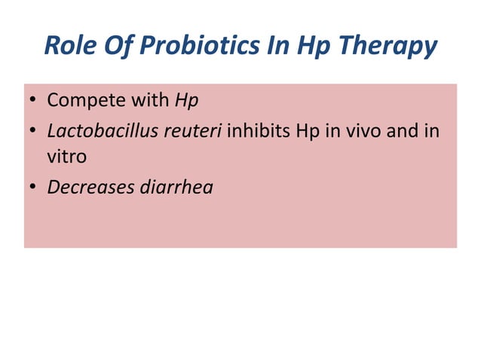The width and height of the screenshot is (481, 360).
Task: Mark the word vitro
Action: pyautogui.click(x=67, y=157)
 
